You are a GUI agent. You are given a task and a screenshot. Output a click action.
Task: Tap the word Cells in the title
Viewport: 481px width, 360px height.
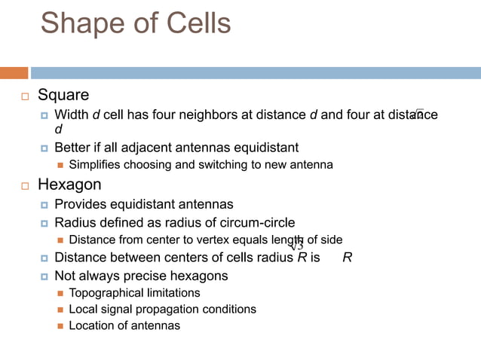pos(193,23)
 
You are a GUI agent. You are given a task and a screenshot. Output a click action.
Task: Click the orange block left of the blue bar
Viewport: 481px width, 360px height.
pos(14,73)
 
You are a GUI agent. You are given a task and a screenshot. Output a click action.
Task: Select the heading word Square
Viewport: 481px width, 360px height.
pos(63,96)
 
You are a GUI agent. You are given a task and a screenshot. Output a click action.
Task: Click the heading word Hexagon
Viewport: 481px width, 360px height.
pos(69,185)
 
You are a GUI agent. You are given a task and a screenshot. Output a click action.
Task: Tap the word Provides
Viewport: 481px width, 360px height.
pos(80,204)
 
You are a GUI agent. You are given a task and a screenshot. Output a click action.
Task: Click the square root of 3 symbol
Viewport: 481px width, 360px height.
pos(296,246)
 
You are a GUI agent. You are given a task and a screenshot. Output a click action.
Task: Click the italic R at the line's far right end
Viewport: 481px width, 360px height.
pos(347,258)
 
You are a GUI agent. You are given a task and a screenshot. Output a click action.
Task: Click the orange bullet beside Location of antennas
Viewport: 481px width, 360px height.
pos(61,326)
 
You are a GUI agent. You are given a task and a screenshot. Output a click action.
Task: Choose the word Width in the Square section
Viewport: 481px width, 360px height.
pos(72,114)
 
